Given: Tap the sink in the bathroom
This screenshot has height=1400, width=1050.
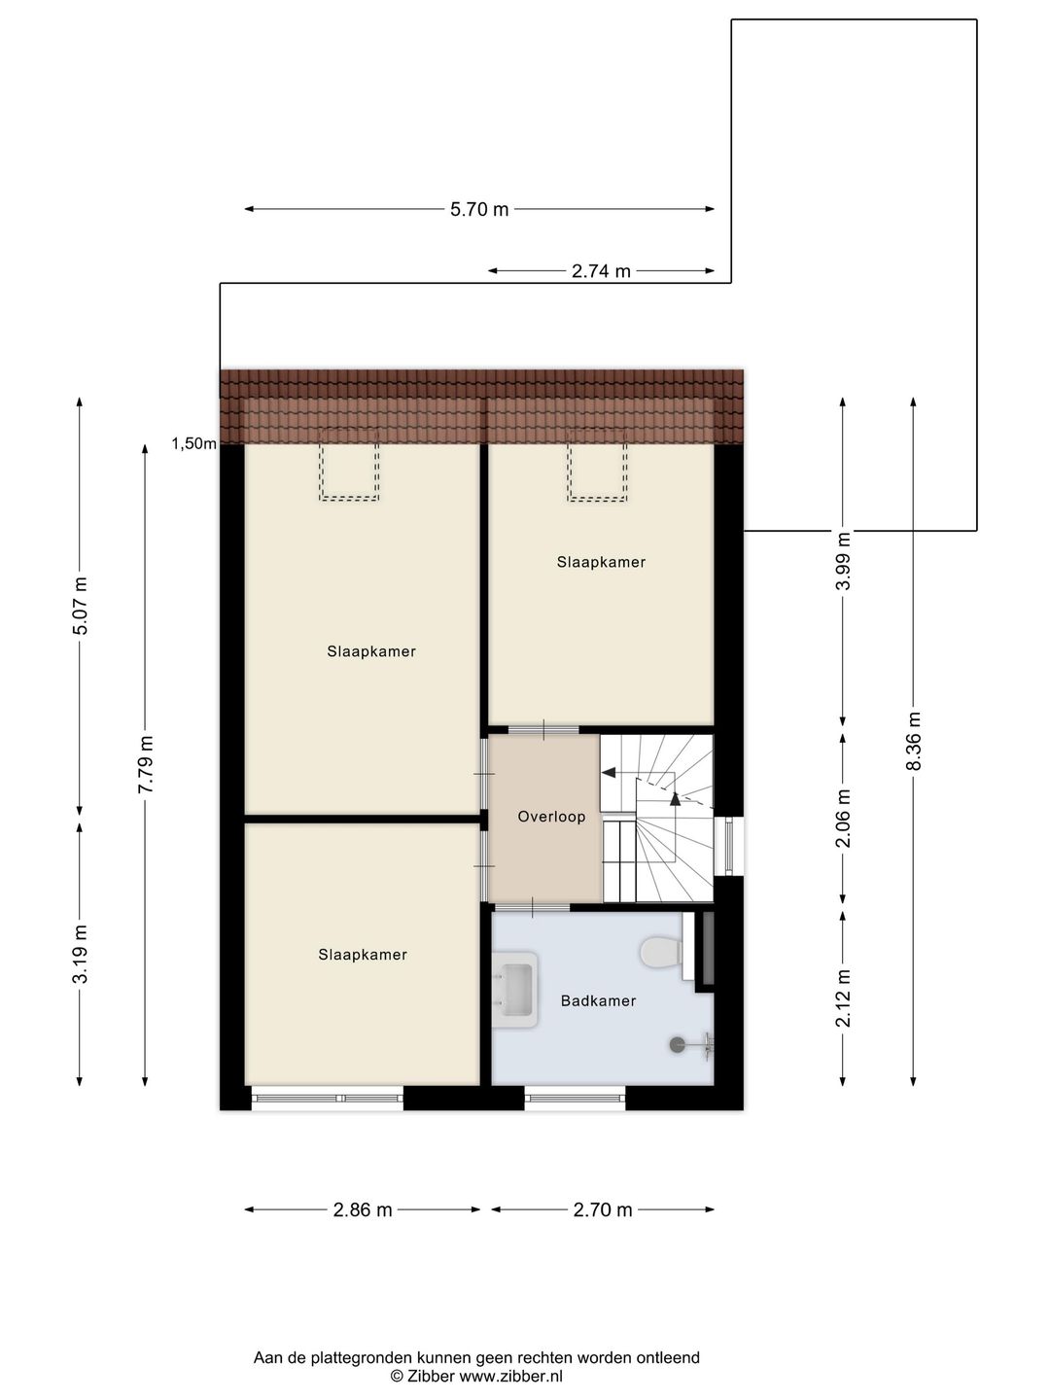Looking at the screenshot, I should pyautogui.click(x=515, y=990).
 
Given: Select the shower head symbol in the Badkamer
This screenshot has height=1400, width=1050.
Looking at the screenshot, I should pyautogui.click(x=679, y=1045).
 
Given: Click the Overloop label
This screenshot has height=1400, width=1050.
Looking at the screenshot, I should pyautogui.click(x=551, y=817).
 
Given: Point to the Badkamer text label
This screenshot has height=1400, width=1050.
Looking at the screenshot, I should pyautogui.click(x=598, y=1000).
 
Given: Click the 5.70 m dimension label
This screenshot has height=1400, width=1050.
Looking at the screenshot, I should pyautogui.click(x=479, y=209).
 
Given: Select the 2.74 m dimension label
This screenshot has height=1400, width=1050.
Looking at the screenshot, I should pyautogui.click(x=601, y=271).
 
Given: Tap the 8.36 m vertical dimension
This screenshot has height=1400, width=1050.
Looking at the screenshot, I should pyautogui.click(x=914, y=741).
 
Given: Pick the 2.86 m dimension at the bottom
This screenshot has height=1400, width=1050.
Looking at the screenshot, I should pyautogui.click(x=363, y=1210).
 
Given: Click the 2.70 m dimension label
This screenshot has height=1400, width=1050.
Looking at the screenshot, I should pyautogui.click(x=603, y=1210).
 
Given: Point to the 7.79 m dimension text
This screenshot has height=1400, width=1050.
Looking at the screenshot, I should pyautogui.click(x=146, y=764).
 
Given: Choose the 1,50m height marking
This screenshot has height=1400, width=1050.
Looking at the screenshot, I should pyautogui.click(x=193, y=443).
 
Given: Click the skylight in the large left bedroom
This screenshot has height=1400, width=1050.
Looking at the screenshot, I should pyautogui.click(x=349, y=465).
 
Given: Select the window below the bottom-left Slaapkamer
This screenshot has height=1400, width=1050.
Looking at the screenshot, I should pyautogui.click(x=328, y=1099).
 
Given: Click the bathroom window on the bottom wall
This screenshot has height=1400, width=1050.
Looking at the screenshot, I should pyautogui.click(x=575, y=1099).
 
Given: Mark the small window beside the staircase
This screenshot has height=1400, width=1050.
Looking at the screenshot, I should pyautogui.click(x=728, y=846).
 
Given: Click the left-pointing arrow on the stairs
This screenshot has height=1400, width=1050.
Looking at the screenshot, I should pyautogui.click(x=610, y=773).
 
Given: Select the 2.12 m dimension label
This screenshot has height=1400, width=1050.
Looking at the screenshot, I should pyautogui.click(x=844, y=997).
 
